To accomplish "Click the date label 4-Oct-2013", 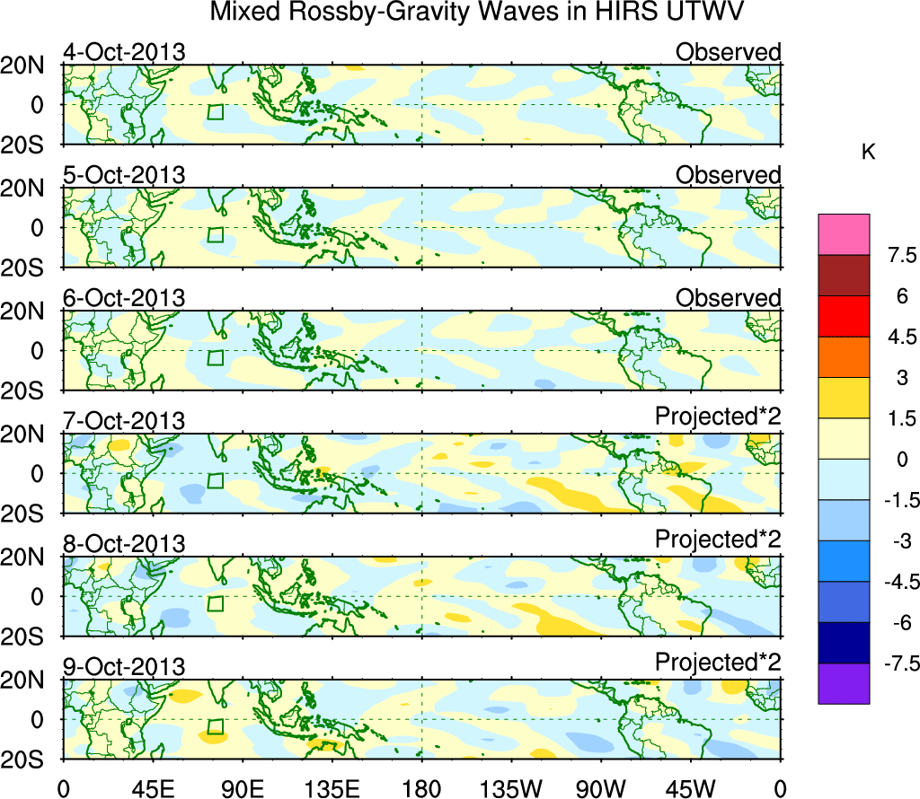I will pos(124,52).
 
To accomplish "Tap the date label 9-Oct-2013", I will pos(124,667).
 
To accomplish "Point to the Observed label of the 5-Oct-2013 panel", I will pos(728,175).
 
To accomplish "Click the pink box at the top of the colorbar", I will pos(844,234).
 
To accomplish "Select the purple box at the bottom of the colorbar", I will pos(844,683).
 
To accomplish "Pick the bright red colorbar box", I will pos(844,316).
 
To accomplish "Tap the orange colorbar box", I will pos(844,357).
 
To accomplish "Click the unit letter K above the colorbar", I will pos(868,153).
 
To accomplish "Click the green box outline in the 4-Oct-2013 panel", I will pos(216,112).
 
